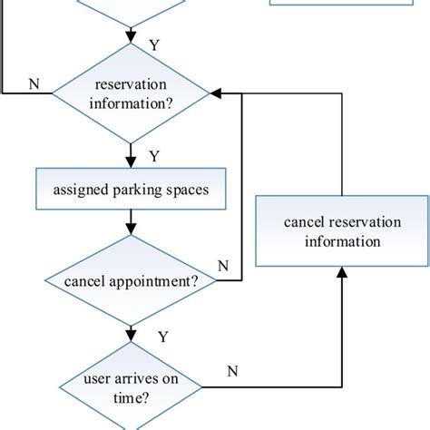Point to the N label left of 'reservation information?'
click(35, 83)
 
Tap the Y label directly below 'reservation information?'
click(153, 156)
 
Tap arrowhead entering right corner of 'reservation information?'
click(216, 93)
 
